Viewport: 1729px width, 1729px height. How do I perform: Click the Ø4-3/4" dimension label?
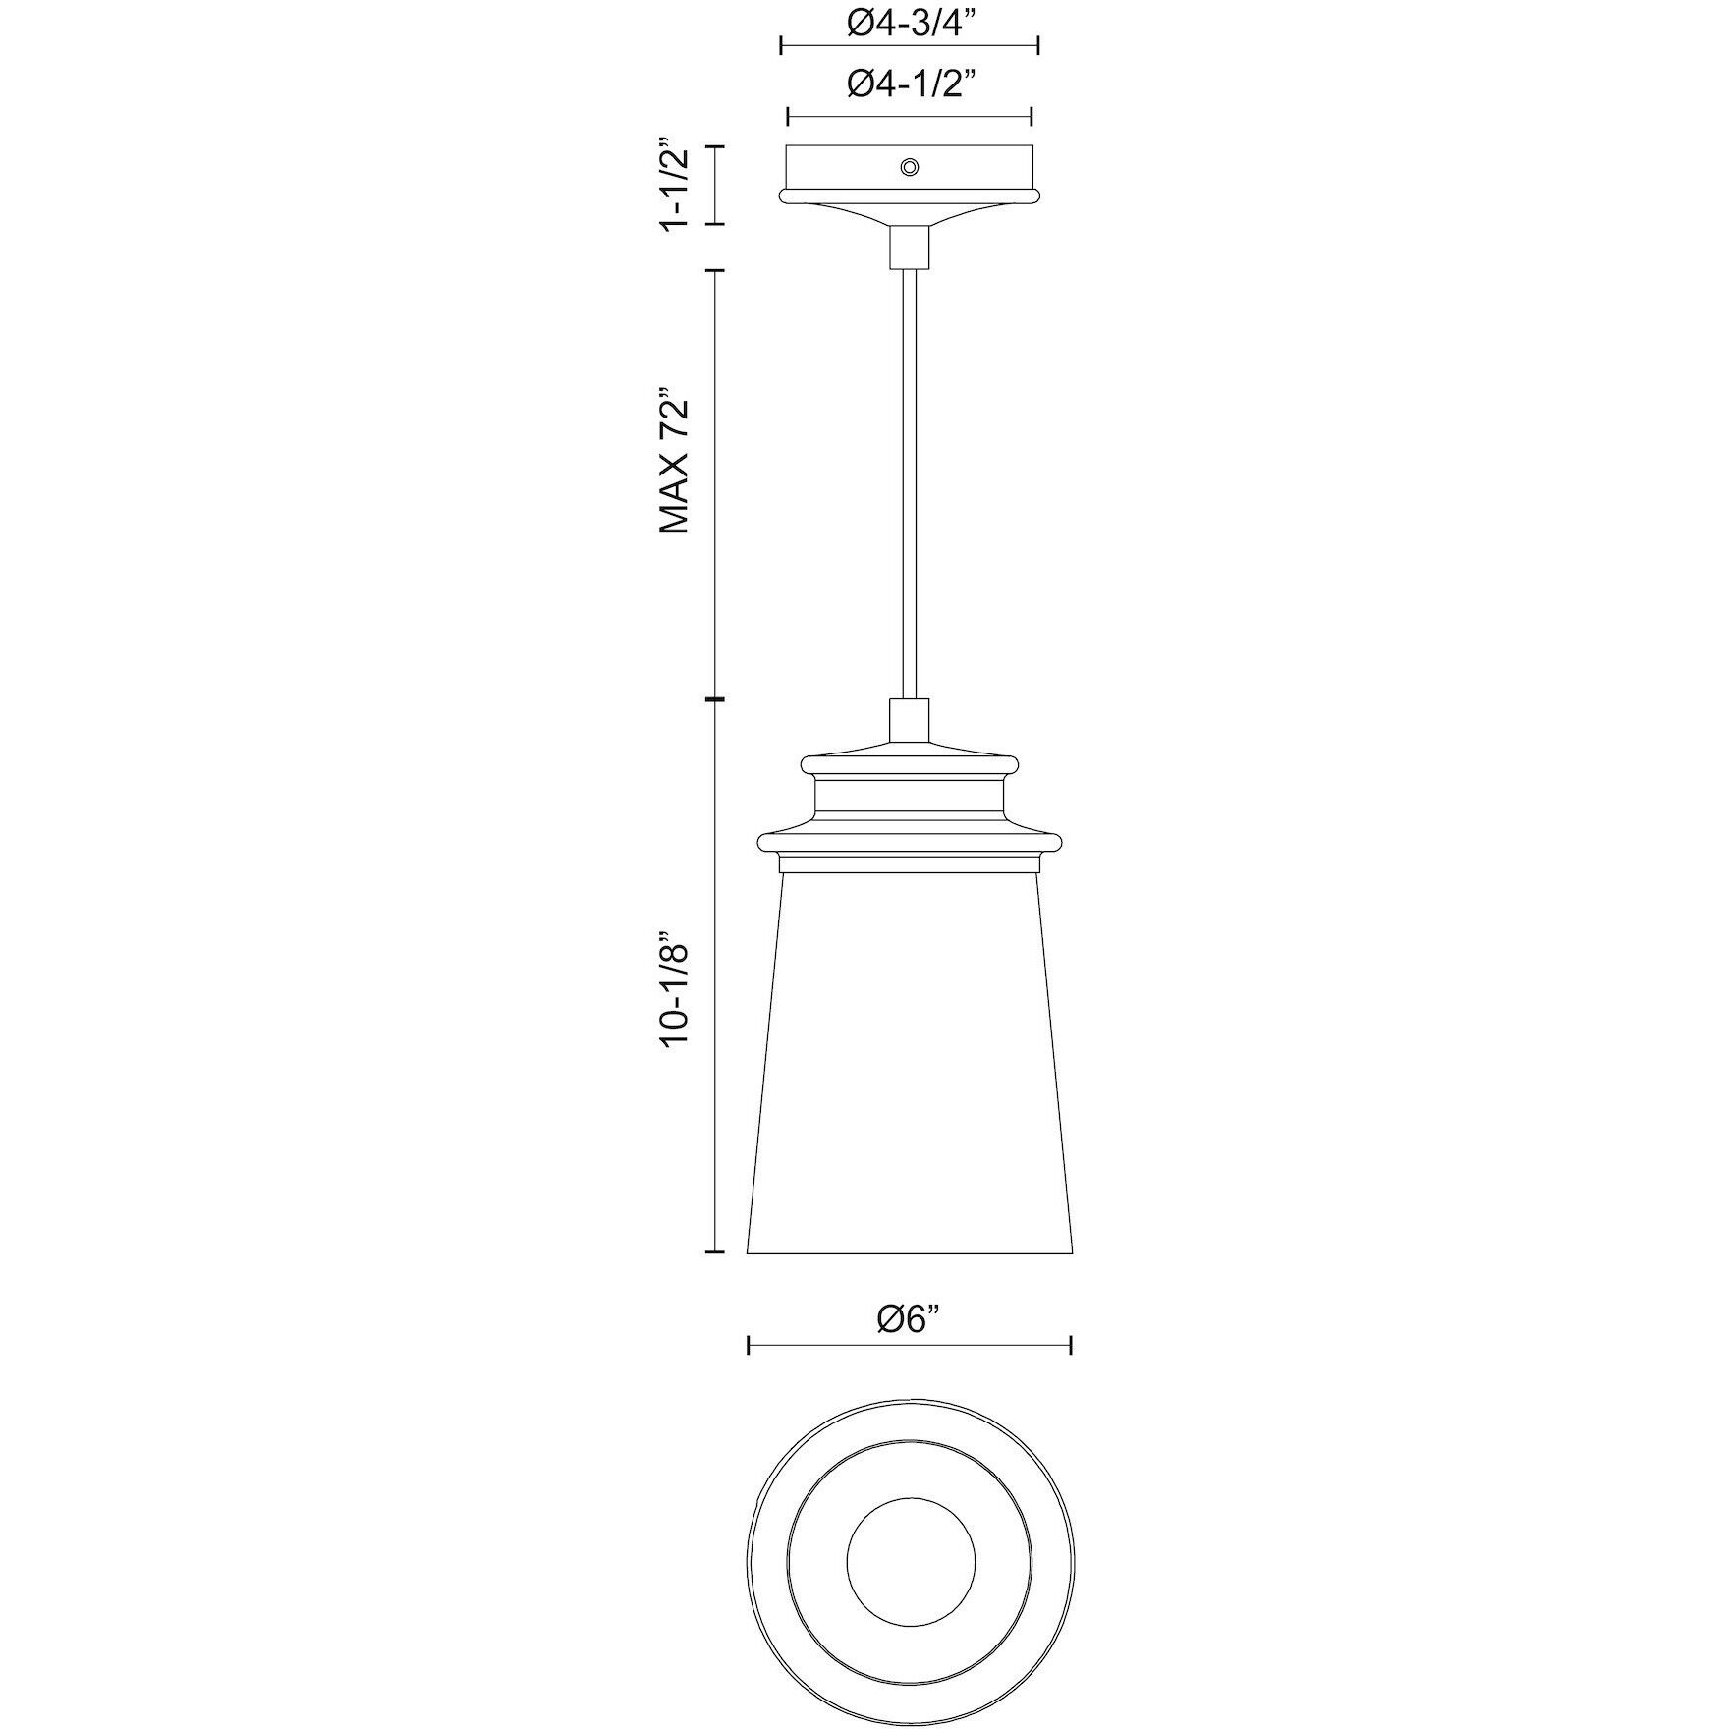tap(909, 23)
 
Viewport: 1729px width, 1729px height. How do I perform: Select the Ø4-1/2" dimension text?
tap(909, 86)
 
